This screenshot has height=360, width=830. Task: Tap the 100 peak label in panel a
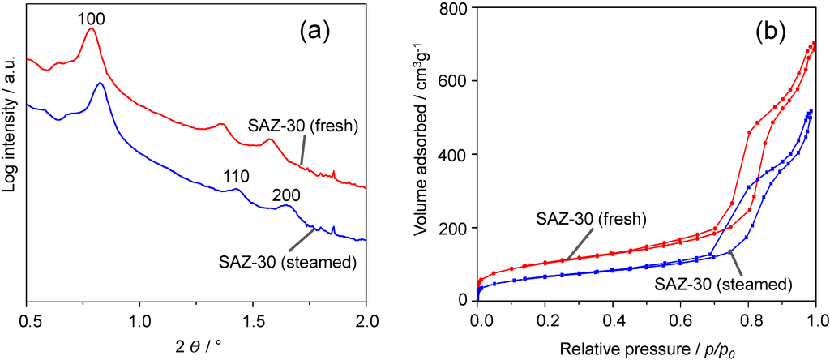[91, 15]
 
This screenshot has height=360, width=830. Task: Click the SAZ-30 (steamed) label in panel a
[288, 262]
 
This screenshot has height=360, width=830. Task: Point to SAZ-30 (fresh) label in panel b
[591, 218]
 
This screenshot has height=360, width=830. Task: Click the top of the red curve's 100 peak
[92, 28]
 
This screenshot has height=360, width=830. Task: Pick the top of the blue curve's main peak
[100, 83]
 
